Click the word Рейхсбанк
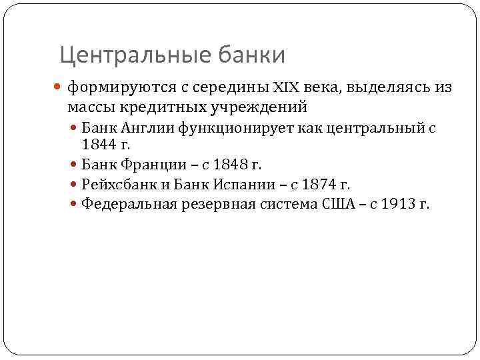pyautogui.click(x=116, y=183)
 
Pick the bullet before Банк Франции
pyautogui.click(x=74, y=163)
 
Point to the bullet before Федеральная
pyautogui.click(x=74, y=204)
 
